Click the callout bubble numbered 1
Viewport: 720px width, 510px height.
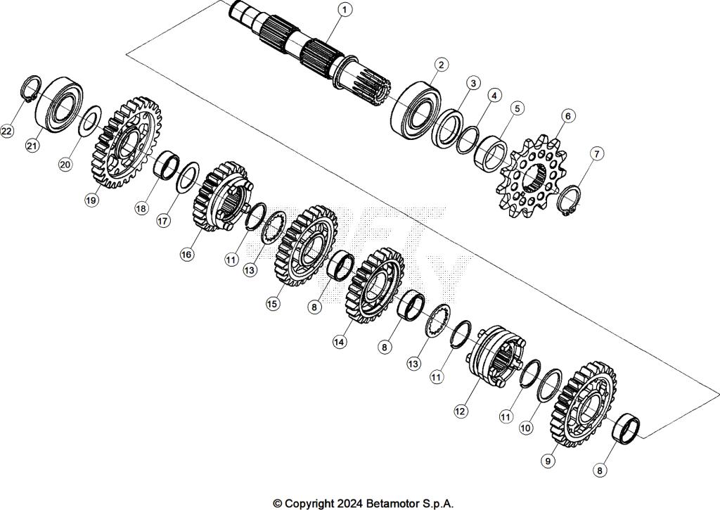coord(345,10)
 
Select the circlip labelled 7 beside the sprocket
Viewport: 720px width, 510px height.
coord(570,200)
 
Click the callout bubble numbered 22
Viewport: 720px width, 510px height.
coord(7,132)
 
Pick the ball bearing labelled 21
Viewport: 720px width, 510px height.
coord(60,103)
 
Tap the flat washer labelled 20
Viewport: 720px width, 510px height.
coord(89,120)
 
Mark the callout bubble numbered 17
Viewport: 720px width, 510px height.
coord(163,220)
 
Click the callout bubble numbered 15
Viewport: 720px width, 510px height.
coord(273,304)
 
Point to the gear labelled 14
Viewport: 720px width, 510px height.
coord(374,286)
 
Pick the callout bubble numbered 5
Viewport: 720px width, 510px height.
coord(517,108)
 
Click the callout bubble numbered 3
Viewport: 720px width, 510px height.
coord(473,83)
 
